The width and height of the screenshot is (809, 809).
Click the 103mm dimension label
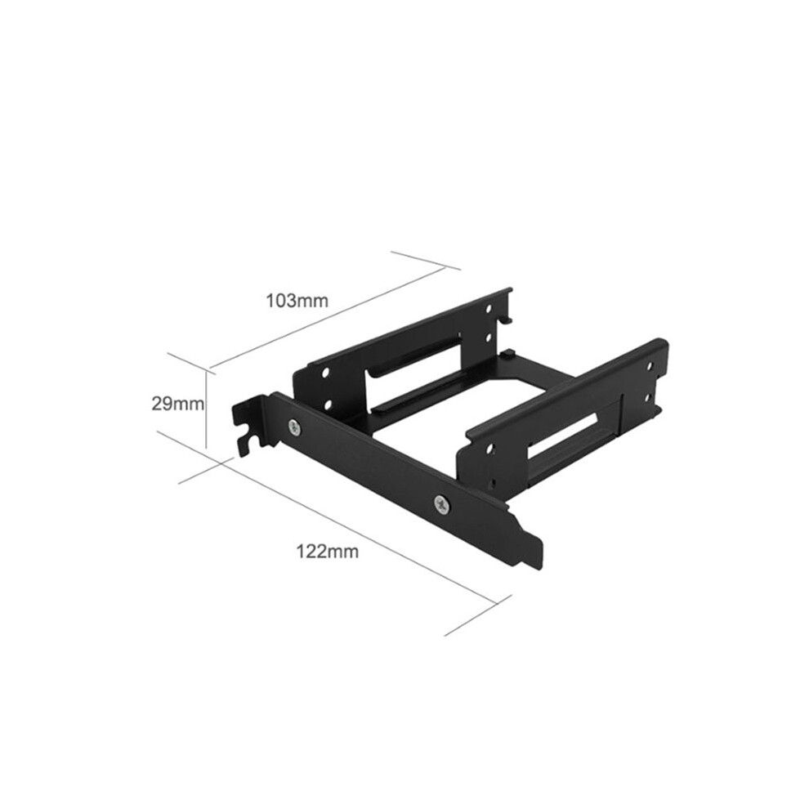297,300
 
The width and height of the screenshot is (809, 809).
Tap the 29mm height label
177,404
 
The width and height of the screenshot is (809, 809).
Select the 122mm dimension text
327,552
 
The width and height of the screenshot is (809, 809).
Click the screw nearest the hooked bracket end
295,427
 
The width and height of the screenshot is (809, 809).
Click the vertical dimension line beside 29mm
207,410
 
